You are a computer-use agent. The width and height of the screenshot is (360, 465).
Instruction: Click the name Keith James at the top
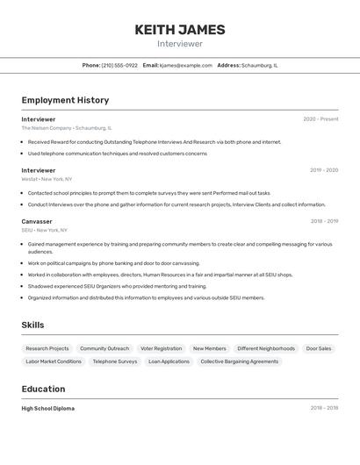tap(180, 30)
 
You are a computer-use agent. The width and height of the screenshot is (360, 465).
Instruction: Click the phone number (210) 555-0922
tap(119, 65)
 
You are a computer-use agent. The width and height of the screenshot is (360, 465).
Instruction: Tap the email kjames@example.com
tap(185, 65)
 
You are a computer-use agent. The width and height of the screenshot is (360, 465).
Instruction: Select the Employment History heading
tap(65, 100)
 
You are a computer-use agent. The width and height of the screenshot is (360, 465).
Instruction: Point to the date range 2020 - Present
tap(320, 119)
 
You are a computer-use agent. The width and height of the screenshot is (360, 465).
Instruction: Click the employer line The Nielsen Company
tap(67, 128)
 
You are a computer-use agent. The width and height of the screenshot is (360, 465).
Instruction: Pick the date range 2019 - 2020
tap(323, 170)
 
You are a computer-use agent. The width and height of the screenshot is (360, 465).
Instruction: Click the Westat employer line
tap(47, 179)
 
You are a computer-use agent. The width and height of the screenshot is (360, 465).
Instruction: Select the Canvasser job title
tap(37, 221)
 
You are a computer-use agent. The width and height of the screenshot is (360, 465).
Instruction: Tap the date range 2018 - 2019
tap(324, 221)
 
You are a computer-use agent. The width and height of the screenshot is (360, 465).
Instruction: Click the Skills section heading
tap(32, 325)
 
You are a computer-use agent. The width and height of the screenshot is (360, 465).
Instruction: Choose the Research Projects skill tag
tap(47, 348)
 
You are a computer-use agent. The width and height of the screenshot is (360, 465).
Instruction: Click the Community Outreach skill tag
tap(104, 348)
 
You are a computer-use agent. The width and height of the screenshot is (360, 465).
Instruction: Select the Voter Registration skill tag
tap(161, 348)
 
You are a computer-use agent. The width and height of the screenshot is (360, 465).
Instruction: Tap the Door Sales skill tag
tap(319, 348)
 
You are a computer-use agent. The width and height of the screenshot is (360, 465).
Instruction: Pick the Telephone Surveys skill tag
tap(115, 361)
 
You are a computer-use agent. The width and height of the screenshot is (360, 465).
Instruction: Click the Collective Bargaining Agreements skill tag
tap(239, 361)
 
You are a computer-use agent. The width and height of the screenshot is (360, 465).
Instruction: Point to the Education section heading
tap(43, 389)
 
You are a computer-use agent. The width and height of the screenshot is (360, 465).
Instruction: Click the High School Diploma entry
tap(48, 408)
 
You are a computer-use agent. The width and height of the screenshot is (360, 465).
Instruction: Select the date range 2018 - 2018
tap(324, 408)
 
